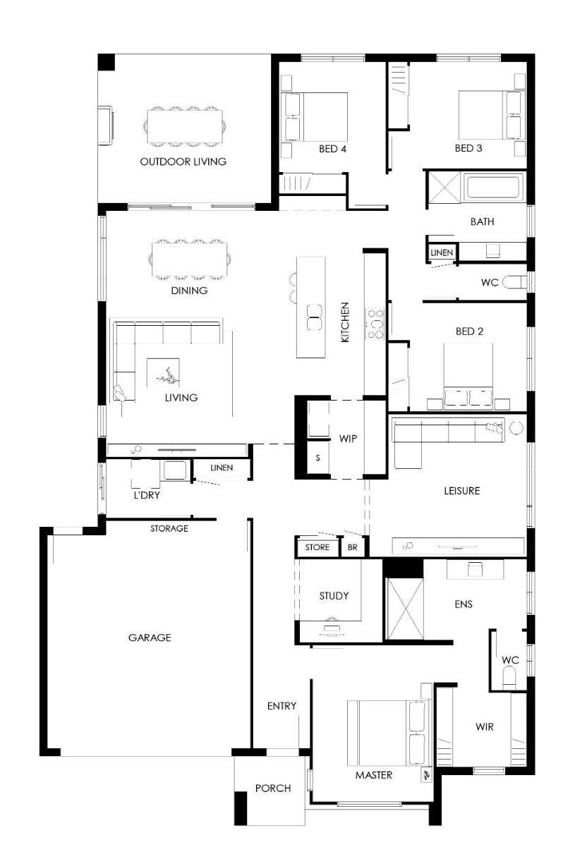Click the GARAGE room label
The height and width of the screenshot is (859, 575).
pyautogui.click(x=150, y=638)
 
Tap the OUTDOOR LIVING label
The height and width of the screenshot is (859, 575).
pyautogui.click(x=183, y=162)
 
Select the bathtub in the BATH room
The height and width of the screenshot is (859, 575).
pyautogui.click(x=493, y=187)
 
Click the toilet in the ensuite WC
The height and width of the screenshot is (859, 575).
pyautogui.click(x=509, y=678)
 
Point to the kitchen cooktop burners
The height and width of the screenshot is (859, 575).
pyautogui.click(x=375, y=324)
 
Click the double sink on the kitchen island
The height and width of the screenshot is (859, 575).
pyautogui.click(x=315, y=317)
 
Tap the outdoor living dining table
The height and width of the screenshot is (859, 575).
pyautogui.click(x=185, y=126)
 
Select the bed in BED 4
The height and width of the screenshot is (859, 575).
pyautogui.click(x=315, y=116)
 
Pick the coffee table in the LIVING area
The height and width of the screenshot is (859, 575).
pyautogui.click(x=163, y=373)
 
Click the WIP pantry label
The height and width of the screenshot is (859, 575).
pyautogui.click(x=348, y=439)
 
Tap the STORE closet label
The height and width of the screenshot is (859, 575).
pyautogui.click(x=317, y=547)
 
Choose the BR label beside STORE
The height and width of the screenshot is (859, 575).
pyautogui.click(x=353, y=547)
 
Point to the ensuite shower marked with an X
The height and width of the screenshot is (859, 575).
pyautogui.click(x=405, y=609)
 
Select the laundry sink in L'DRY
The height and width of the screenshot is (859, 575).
pyautogui.click(x=175, y=470)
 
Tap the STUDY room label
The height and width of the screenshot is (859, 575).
pyautogui.click(x=334, y=595)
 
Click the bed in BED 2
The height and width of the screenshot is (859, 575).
pyautogui.click(x=468, y=374)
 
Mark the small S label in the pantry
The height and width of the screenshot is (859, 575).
pyautogui.click(x=317, y=458)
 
